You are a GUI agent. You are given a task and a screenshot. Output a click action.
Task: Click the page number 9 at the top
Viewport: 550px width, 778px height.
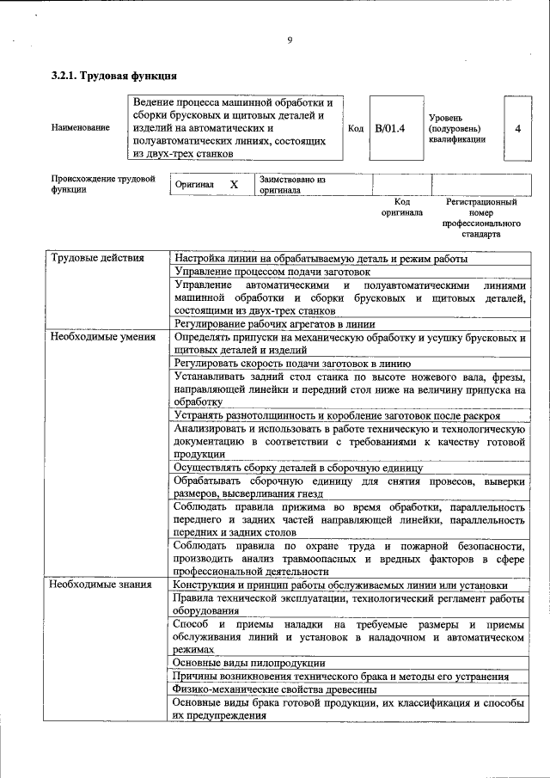click(x=290, y=40)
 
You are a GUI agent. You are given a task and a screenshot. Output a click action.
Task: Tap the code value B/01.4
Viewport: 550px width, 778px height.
click(x=390, y=128)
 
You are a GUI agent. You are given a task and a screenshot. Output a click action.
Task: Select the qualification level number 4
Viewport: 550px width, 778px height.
click(x=517, y=128)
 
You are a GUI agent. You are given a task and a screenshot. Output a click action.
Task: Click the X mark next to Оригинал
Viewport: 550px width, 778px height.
click(x=234, y=185)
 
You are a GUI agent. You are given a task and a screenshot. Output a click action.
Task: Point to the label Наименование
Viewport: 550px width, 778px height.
click(x=80, y=128)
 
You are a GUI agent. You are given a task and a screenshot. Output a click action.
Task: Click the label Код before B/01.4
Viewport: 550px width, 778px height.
click(x=356, y=128)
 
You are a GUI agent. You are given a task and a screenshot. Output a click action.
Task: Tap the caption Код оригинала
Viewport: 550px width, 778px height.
click(x=401, y=207)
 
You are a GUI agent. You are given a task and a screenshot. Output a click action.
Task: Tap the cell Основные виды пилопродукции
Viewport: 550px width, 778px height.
click(x=248, y=663)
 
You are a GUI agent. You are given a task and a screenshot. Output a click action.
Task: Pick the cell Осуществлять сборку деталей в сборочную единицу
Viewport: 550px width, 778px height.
click(x=297, y=469)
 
